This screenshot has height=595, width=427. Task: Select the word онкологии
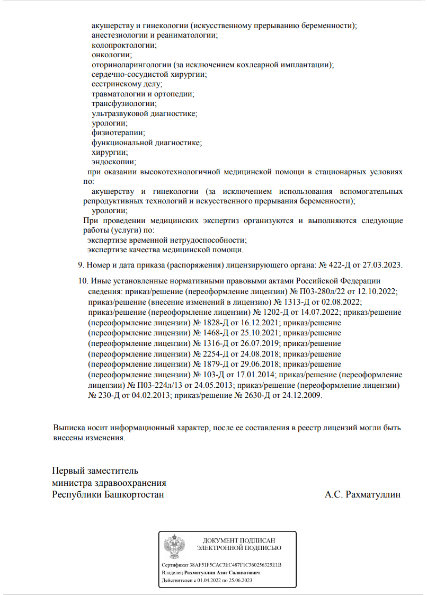(x=111, y=55)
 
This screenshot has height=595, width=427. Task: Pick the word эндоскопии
(x=113, y=162)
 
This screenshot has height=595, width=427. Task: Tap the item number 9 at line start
(x=81, y=265)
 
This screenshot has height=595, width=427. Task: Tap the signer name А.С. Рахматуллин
(x=363, y=495)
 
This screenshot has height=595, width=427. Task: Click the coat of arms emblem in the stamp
(x=174, y=546)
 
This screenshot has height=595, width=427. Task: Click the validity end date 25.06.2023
(x=239, y=581)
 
